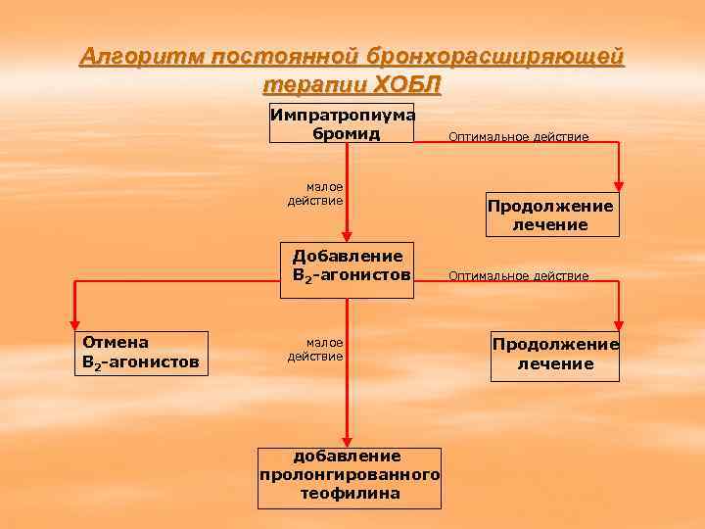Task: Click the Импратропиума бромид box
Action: tap(343, 122)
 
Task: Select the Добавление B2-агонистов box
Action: tap(347, 264)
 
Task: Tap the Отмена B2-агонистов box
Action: tap(140, 353)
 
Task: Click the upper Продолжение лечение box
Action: tap(552, 215)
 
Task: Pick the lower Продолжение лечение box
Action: tap(555, 354)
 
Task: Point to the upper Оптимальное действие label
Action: tap(518, 137)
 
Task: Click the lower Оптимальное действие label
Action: tap(518, 276)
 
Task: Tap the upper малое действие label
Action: tap(315, 194)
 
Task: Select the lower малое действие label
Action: tap(315, 349)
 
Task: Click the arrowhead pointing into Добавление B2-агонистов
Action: tap(347, 235)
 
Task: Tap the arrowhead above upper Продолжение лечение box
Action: tap(619, 184)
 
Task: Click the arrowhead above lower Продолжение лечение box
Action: tap(619, 324)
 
